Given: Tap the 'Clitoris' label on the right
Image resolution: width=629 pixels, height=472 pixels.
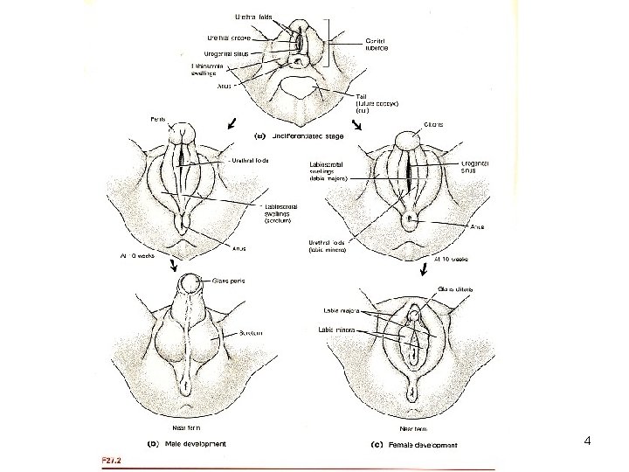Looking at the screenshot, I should click(434, 125).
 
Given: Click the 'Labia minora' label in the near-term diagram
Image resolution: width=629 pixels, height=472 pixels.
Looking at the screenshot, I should click(336, 330).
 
